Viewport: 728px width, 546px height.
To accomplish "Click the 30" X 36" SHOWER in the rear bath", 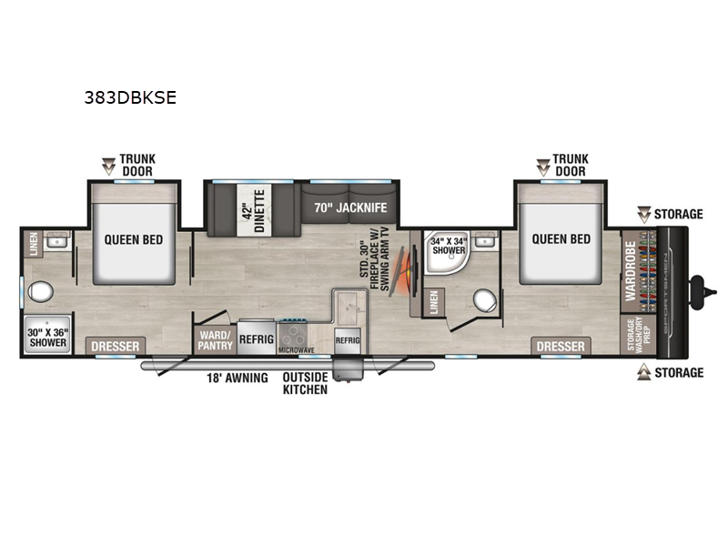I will (x=46, y=336).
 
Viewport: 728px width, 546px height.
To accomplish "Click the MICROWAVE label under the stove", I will (x=296, y=349).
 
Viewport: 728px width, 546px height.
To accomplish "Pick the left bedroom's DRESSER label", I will (x=116, y=347).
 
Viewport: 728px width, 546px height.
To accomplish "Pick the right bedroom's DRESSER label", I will (x=561, y=347).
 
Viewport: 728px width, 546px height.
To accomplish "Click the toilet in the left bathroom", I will (x=39, y=293).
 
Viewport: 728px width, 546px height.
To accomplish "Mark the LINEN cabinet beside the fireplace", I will (x=434, y=304).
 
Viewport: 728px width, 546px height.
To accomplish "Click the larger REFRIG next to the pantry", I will (x=256, y=335).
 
